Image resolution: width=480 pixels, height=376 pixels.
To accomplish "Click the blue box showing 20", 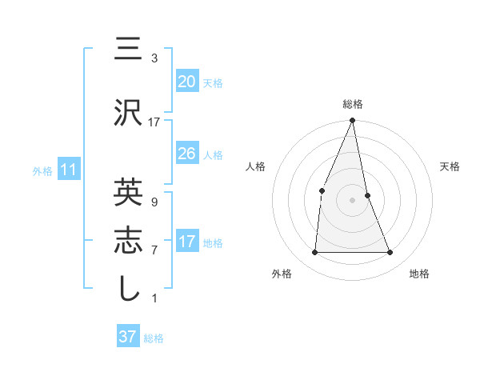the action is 186,81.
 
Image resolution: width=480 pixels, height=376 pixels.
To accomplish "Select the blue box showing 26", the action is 186,154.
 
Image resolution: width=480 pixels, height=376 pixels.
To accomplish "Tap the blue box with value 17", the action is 186,242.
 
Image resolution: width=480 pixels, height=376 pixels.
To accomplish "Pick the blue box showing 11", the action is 68,170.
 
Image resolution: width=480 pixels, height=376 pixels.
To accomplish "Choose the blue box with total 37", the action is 128,337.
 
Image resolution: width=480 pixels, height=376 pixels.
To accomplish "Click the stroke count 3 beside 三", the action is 154,58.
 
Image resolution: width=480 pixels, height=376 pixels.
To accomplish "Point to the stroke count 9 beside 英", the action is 154,202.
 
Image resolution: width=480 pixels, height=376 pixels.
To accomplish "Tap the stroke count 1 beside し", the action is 154,298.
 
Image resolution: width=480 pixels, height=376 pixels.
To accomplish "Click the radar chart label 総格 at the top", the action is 353,104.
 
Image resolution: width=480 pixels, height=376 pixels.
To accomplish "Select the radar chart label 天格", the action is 450,166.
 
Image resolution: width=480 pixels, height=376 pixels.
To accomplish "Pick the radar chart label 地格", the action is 419,274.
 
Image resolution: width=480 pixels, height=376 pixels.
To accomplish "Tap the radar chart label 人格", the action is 255,166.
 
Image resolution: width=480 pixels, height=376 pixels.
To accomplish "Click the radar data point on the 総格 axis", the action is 353,121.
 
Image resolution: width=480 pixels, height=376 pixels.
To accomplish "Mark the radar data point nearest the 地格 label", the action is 390,253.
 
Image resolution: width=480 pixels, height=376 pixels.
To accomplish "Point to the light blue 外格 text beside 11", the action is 42,170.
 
